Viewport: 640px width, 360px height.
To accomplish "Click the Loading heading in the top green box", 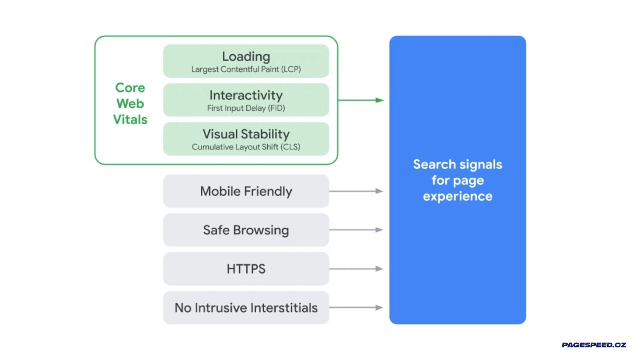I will click(x=246, y=56).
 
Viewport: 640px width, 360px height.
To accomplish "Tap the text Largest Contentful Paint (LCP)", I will click(x=246, y=69).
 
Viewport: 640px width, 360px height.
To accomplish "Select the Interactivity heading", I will click(x=246, y=95).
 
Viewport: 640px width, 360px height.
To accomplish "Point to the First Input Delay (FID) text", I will click(x=246, y=108).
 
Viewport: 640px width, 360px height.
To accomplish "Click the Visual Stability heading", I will click(x=246, y=134).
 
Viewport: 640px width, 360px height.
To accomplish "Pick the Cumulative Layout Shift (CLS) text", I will click(x=246, y=147).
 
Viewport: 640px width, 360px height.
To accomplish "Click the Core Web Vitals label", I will click(x=130, y=103).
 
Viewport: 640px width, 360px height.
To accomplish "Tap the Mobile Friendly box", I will click(x=246, y=191).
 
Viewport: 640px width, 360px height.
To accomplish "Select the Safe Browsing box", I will click(x=246, y=230).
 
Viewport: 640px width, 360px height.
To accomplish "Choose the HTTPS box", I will click(x=246, y=269).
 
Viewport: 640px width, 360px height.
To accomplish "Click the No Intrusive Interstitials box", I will click(x=246, y=308).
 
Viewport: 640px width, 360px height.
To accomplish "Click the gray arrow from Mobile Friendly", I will click(x=356, y=191).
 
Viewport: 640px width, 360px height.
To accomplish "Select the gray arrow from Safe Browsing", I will click(x=356, y=230).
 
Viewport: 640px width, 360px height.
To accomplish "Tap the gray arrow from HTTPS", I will click(x=356, y=269).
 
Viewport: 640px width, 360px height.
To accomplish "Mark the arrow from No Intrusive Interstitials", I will click(x=356, y=308).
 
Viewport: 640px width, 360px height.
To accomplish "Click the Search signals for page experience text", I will click(x=458, y=180).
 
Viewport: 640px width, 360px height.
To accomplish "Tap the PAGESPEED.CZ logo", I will click(x=594, y=345).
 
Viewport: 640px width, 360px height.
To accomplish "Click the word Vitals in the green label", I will click(x=130, y=119).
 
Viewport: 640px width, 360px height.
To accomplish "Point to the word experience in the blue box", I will click(x=458, y=196).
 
